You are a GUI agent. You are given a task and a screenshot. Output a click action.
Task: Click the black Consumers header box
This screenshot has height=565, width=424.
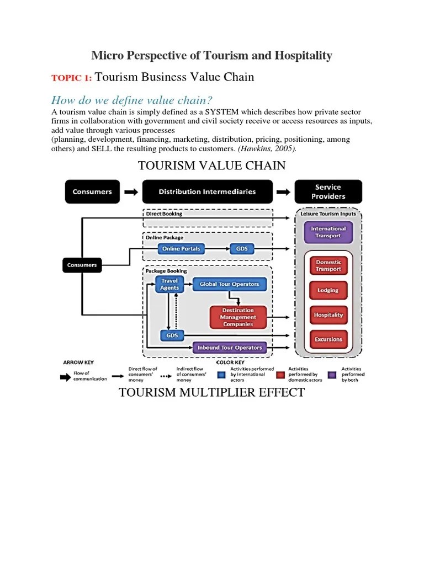[92, 192]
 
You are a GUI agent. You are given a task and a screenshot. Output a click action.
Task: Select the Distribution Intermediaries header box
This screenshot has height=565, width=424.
[207, 192]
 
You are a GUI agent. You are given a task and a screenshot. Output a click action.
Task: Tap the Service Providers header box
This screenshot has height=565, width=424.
[328, 191]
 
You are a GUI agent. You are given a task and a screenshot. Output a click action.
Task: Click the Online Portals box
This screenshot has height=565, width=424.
[181, 249]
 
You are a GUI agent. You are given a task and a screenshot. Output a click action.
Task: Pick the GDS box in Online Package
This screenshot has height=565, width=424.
[242, 249]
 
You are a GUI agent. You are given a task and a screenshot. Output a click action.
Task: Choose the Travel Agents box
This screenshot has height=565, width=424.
[169, 284]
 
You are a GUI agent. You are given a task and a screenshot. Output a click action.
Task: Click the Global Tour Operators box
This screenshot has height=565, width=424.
[229, 284]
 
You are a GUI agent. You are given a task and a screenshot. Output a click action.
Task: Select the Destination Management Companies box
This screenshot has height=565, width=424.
[238, 317]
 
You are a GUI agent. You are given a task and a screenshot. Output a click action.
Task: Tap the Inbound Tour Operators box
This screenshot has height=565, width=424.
[229, 348]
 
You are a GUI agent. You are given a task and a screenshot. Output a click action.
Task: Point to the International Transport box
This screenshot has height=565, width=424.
[328, 232]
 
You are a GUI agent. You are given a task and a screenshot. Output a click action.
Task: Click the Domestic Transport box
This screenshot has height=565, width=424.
[328, 265]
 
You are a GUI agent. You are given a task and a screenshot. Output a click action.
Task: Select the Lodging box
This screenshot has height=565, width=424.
[328, 290]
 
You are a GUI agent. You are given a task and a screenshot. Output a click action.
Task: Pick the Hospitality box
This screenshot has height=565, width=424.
[328, 315]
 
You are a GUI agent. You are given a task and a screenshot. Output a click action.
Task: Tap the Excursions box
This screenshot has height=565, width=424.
[328, 339]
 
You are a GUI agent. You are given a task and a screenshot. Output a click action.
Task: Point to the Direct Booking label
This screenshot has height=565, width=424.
[164, 214]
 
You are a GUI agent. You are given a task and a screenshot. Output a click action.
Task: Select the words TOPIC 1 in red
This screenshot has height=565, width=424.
[71, 78]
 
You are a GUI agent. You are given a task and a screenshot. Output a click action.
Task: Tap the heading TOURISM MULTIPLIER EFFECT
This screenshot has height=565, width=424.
[211, 393]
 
